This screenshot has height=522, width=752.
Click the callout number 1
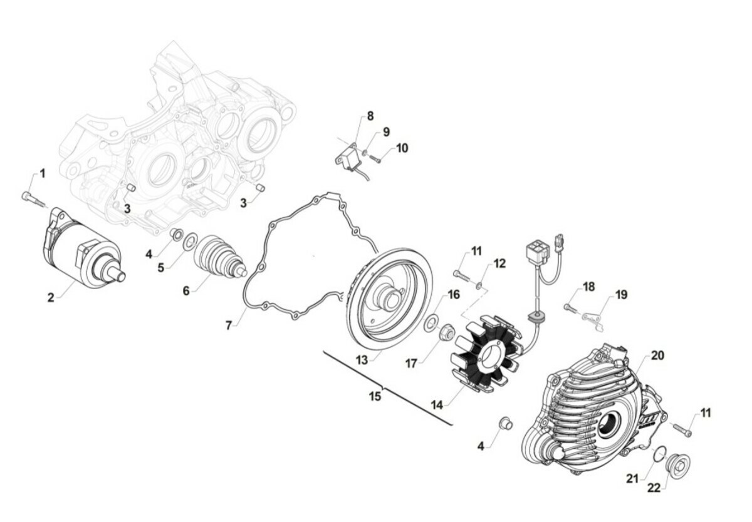tap(43, 174)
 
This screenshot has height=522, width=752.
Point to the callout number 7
tap(229, 325)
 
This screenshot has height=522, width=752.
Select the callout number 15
tap(375, 396)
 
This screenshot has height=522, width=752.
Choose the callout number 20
tap(657, 356)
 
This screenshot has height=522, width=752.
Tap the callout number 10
tap(402, 148)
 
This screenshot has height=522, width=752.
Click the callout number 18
tap(589, 287)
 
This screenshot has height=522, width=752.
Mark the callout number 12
tap(499, 264)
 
